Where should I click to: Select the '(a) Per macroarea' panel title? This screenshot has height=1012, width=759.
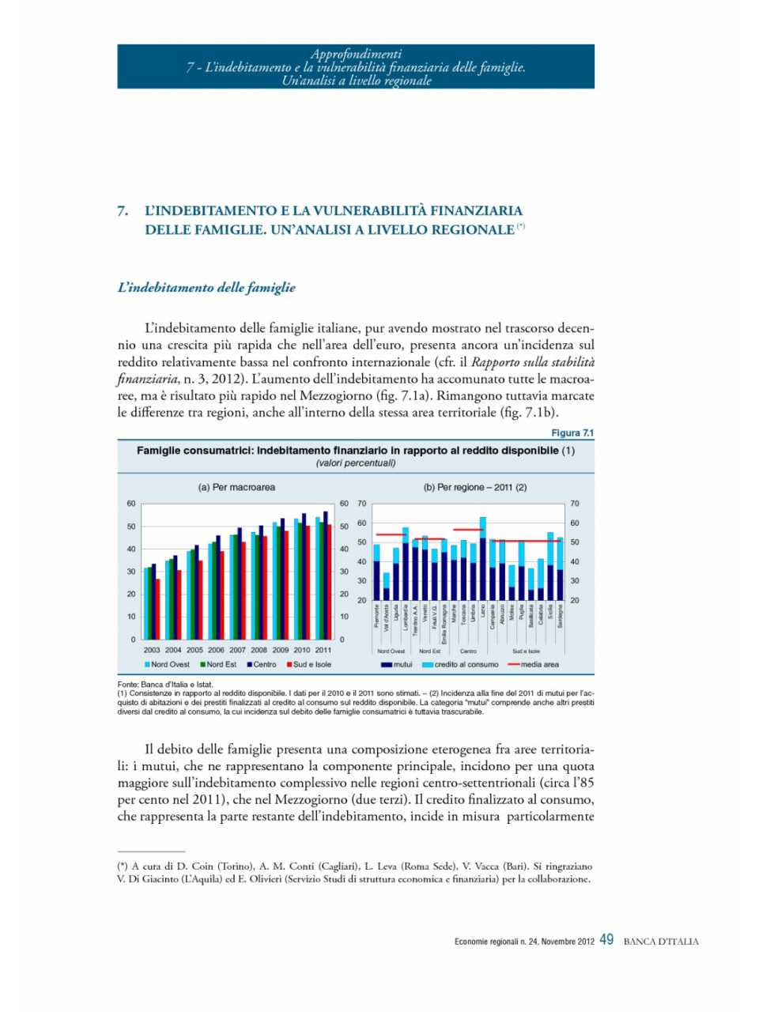pos(236,487)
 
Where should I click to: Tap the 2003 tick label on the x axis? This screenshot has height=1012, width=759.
pos(152,650)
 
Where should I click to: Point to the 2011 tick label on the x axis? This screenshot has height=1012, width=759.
pos(323,650)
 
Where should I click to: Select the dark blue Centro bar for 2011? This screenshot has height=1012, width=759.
pos(325,575)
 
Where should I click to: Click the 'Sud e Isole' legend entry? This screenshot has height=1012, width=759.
pos(308,664)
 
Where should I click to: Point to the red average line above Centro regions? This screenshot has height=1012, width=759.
pos(468,530)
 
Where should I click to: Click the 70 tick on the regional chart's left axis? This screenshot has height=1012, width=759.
pos(361,503)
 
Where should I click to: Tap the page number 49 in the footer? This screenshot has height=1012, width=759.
pos(606,940)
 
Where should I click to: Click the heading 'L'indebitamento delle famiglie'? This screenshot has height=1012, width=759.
pos(206,288)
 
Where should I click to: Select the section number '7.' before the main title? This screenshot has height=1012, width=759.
pos(123,210)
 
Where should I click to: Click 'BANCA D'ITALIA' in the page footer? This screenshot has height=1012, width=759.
pos(661,942)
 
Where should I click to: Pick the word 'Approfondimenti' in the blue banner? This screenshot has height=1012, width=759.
pos(356,54)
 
